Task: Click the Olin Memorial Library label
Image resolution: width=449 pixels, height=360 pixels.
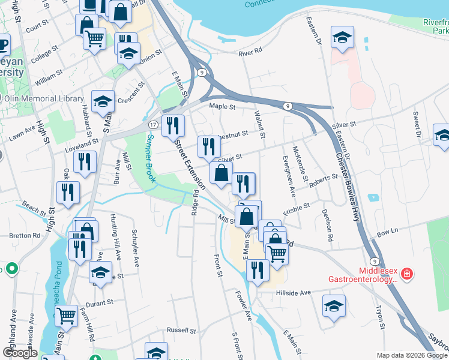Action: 46,98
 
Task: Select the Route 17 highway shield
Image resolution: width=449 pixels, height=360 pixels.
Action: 154,124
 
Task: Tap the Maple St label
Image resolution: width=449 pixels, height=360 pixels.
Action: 221,106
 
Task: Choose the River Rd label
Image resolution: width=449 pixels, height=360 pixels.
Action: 250,53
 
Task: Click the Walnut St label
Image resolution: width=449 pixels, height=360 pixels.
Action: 260,119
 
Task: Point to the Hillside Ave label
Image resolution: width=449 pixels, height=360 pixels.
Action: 294,293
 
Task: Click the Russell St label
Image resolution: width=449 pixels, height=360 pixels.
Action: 181,330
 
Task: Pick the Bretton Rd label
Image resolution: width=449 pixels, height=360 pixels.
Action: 25,235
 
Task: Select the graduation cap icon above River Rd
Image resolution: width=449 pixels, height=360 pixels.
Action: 342,37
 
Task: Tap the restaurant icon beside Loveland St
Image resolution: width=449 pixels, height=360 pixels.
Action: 85,161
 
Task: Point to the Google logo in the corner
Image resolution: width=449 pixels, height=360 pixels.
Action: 20,353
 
